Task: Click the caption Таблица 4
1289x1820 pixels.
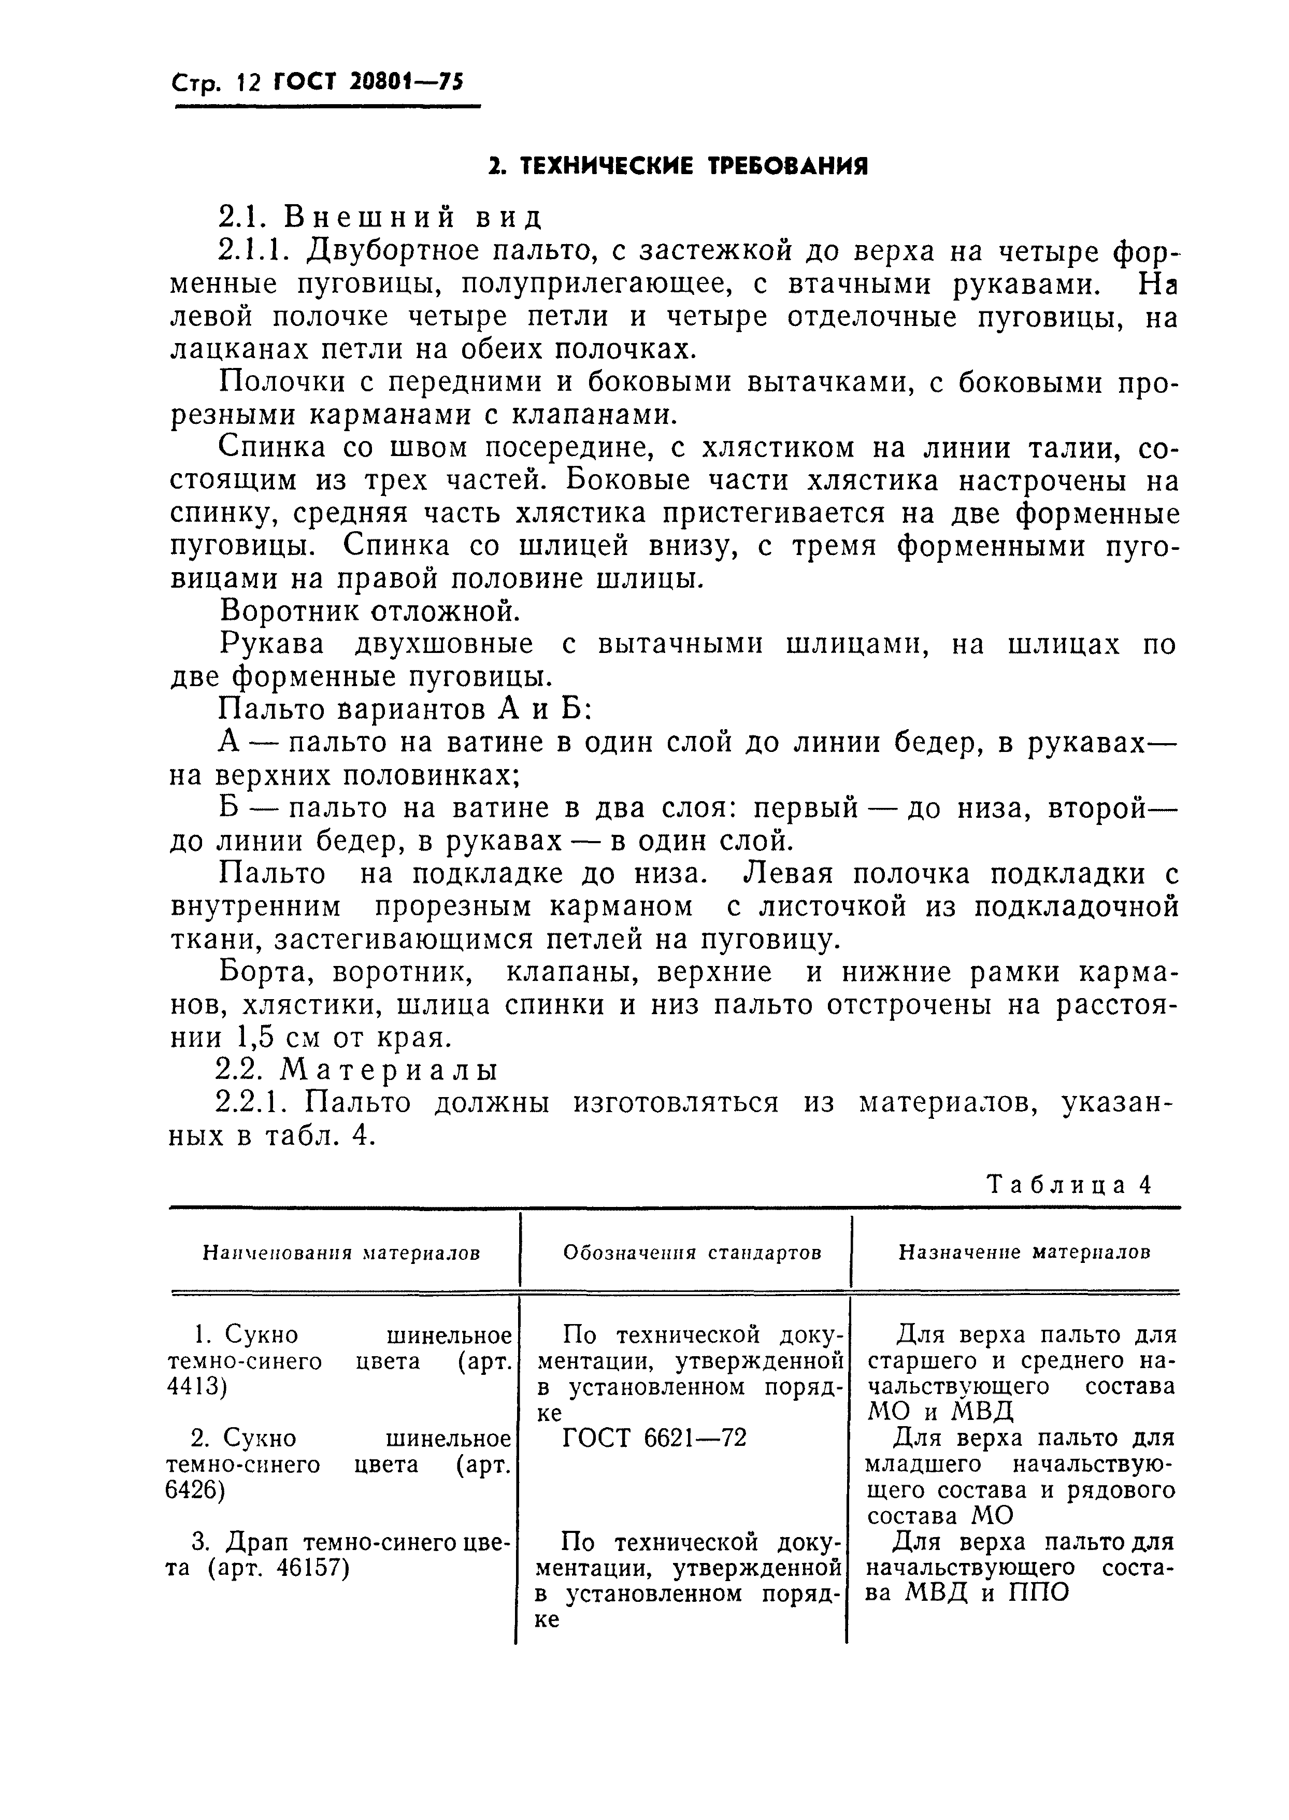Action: (1068, 1185)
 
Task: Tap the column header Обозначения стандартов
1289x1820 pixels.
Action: (692, 1253)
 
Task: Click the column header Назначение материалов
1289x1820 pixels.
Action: (1024, 1253)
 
